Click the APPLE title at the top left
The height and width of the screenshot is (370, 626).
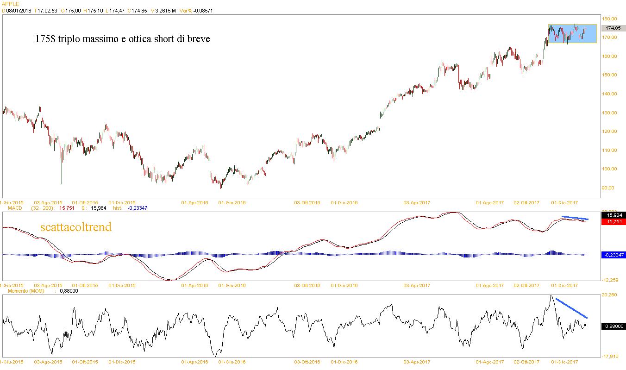coord(10,3)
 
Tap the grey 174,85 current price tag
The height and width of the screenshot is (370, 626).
coord(612,28)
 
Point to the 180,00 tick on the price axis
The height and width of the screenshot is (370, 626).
coord(610,19)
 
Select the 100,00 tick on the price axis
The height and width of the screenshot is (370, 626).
coord(610,169)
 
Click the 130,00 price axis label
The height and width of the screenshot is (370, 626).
coord(610,113)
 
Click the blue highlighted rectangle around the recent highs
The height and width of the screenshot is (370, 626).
coord(572,33)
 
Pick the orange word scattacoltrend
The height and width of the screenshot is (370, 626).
coord(75,227)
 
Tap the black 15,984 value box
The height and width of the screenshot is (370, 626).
coord(612,215)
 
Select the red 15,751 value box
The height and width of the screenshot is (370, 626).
coord(612,222)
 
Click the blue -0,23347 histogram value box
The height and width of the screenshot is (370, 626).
coord(612,255)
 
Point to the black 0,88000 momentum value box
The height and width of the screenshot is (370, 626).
coord(612,326)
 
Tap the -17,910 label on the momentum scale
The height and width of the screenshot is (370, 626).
coord(610,356)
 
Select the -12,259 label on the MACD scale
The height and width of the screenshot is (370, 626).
coord(610,280)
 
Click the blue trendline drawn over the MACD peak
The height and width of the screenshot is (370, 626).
coord(575,218)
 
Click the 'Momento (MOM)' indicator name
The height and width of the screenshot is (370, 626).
coord(19,291)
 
